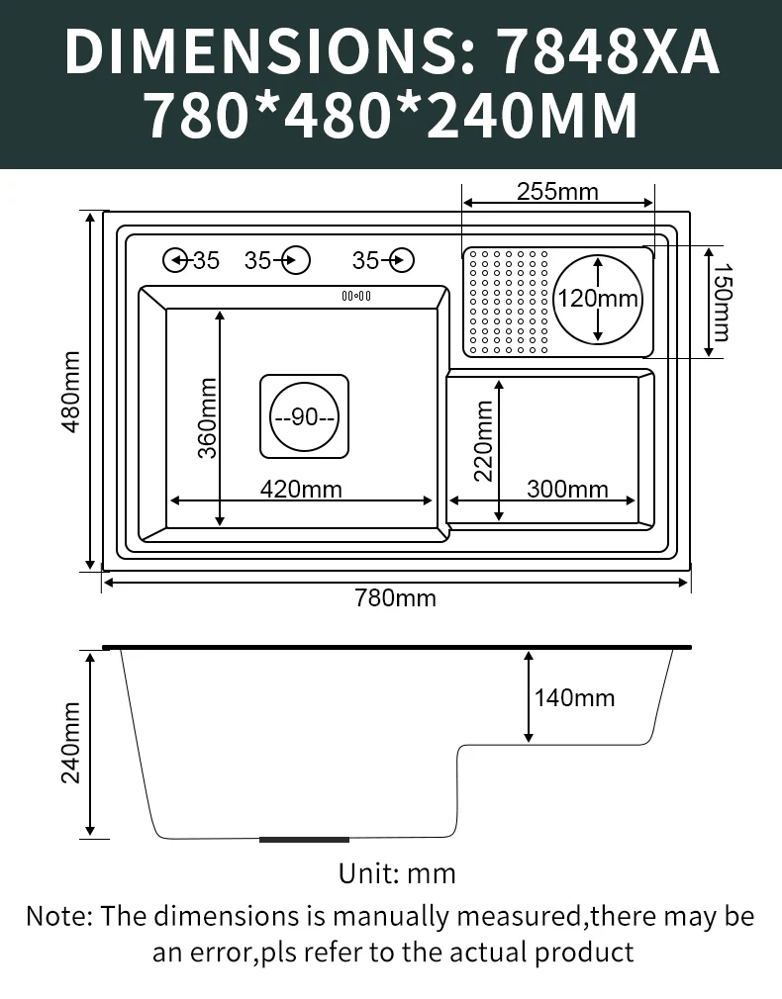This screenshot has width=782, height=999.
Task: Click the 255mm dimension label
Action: tap(557, 191)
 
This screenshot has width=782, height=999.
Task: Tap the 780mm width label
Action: tap(396, 598)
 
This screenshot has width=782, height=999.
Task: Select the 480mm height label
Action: tap(71, 392)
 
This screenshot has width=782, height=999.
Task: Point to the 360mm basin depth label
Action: tap(207, 418)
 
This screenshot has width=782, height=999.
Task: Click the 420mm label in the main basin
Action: tap(301, 489)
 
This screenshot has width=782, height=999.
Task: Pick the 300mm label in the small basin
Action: tap(567, 489)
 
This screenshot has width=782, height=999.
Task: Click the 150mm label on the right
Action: tap(723, 302)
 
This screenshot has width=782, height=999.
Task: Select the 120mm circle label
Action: tap(598, 298)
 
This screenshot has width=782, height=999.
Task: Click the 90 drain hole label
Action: tap(304, 416)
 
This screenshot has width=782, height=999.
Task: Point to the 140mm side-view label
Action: tap(575, 697)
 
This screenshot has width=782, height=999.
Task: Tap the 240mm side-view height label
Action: tap(71, 743)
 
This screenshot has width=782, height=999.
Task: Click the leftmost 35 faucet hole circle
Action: tap(175, 260)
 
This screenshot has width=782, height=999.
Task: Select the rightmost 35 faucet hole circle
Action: tap(402, 260)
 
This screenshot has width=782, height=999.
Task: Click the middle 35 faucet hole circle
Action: tap(296, 260)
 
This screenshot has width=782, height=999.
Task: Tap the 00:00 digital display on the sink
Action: tap(356, 296)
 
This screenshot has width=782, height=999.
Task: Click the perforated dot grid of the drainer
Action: tap(509, 302)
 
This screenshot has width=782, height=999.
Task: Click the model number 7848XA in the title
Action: tap(608, 52)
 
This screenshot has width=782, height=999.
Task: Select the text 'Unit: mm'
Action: tap(397, 873)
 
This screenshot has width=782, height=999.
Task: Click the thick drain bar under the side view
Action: tap(304, 840)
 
